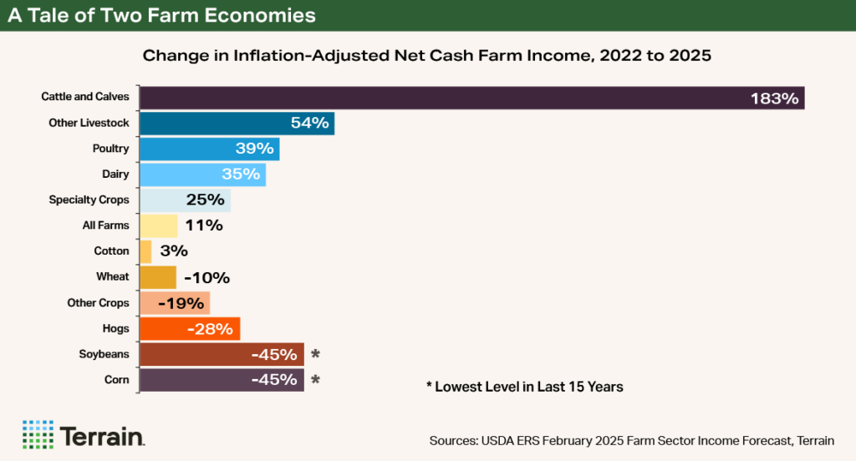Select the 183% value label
tap(775, 99)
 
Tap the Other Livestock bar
tap(237, 124)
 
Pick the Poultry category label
tap(110, 149)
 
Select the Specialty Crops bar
tap(184, 200)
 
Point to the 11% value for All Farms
tap(204, 225)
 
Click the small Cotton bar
tap(145, 251)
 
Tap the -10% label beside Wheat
tap(206, 277)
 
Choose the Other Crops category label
tap(98, 303)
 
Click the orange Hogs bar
tap(190, 328)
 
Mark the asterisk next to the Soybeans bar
tap(315, 355)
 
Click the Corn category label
tap(117, 380)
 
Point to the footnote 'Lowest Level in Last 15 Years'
tap(524, 388)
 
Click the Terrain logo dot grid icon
tap(38, 435)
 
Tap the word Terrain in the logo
tap(102, 436)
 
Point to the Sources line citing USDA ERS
tap(631, 440)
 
